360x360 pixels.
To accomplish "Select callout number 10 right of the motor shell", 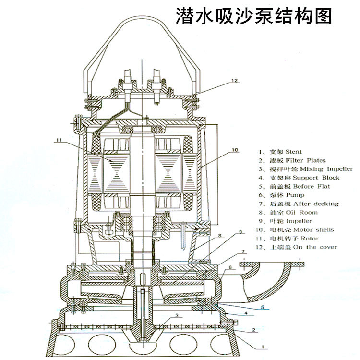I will click(235, 150).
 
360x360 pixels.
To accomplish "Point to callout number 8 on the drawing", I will click(219, 236).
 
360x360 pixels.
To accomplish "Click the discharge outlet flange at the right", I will click(274, 264).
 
